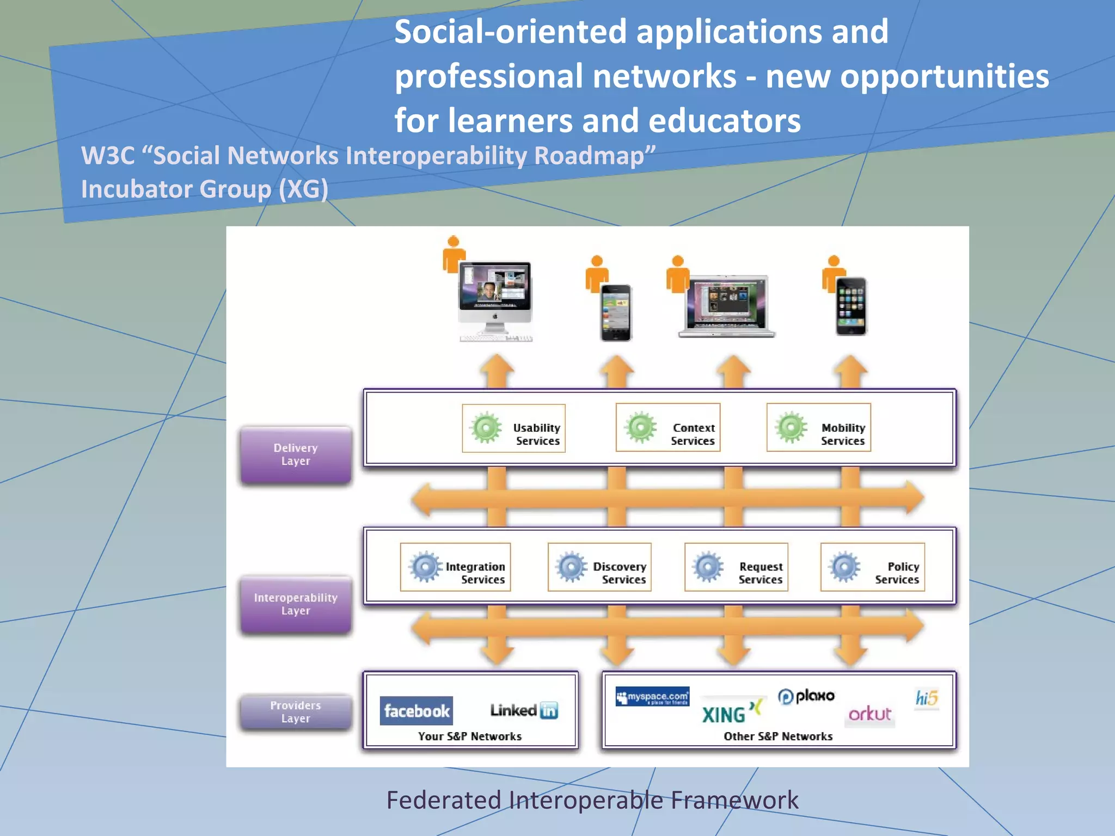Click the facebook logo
pos(416,710)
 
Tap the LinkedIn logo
pos(524,710)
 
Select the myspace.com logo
pos(652,697)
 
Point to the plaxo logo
pos(806,696)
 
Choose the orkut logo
pos(869,714)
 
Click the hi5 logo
pos(926,698)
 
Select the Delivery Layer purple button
pos(296,454)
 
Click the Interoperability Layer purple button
pos(296,604)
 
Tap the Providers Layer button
pos(296,712)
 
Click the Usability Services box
pos(513,428)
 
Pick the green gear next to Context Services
pos(640,427)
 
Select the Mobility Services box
pos(818,428)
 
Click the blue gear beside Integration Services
pos(425,567)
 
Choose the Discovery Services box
pos(599,567)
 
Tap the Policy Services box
pos(873,567)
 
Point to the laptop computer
pos(727,306)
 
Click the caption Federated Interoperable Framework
pos(592,800)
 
